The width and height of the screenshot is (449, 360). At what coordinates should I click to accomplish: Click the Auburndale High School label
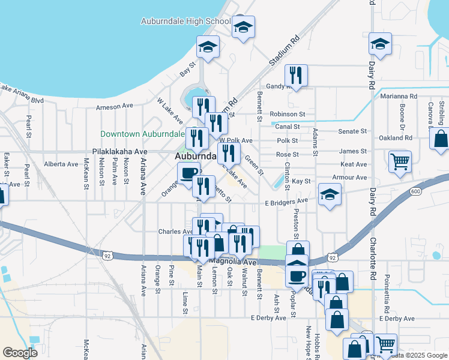click(185, 21)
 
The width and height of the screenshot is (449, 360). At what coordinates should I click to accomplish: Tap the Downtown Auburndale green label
click(142, 134)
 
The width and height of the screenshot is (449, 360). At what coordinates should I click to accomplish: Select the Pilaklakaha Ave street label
click(120, 152)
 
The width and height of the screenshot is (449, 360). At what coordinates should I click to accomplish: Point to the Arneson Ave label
click(114, 106)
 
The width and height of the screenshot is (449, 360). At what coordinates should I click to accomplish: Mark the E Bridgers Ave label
click(286, 202)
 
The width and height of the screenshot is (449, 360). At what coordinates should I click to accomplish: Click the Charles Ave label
click(175, 232)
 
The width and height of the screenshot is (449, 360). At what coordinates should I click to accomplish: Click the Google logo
click(20, 352)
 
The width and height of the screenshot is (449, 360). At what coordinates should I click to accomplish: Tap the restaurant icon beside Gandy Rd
click(296, 75)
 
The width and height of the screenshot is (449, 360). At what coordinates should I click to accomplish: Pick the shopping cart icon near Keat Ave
click(400, 161)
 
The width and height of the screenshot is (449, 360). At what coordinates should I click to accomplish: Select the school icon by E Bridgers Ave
click(329, 194)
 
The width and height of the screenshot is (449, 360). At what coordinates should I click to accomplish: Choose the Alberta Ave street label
click(61, 164)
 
